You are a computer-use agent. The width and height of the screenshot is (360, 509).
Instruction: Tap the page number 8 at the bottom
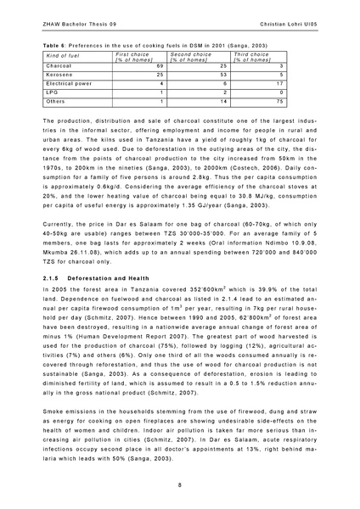coord(180,484)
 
